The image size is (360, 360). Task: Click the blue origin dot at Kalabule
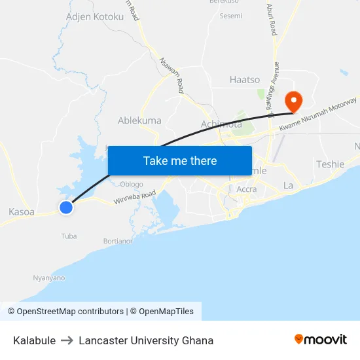(65, 207)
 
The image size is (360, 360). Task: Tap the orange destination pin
(293, 101)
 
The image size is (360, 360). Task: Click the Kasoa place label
(22, 212)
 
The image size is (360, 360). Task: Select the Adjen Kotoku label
(95, 16)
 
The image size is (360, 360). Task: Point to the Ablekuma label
(139, 120)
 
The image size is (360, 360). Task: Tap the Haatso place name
(245, 80)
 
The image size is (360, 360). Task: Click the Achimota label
(221, 124)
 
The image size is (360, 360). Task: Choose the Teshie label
(330, 164)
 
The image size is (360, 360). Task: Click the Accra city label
(246, 189)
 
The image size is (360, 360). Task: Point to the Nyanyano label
(49, 278)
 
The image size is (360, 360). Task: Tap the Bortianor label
(118, 241)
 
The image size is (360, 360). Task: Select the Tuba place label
(69, 236)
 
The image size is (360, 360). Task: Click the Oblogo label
(132, 184)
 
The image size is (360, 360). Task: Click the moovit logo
(321, 339)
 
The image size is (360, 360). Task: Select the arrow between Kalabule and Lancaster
(67, 340)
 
